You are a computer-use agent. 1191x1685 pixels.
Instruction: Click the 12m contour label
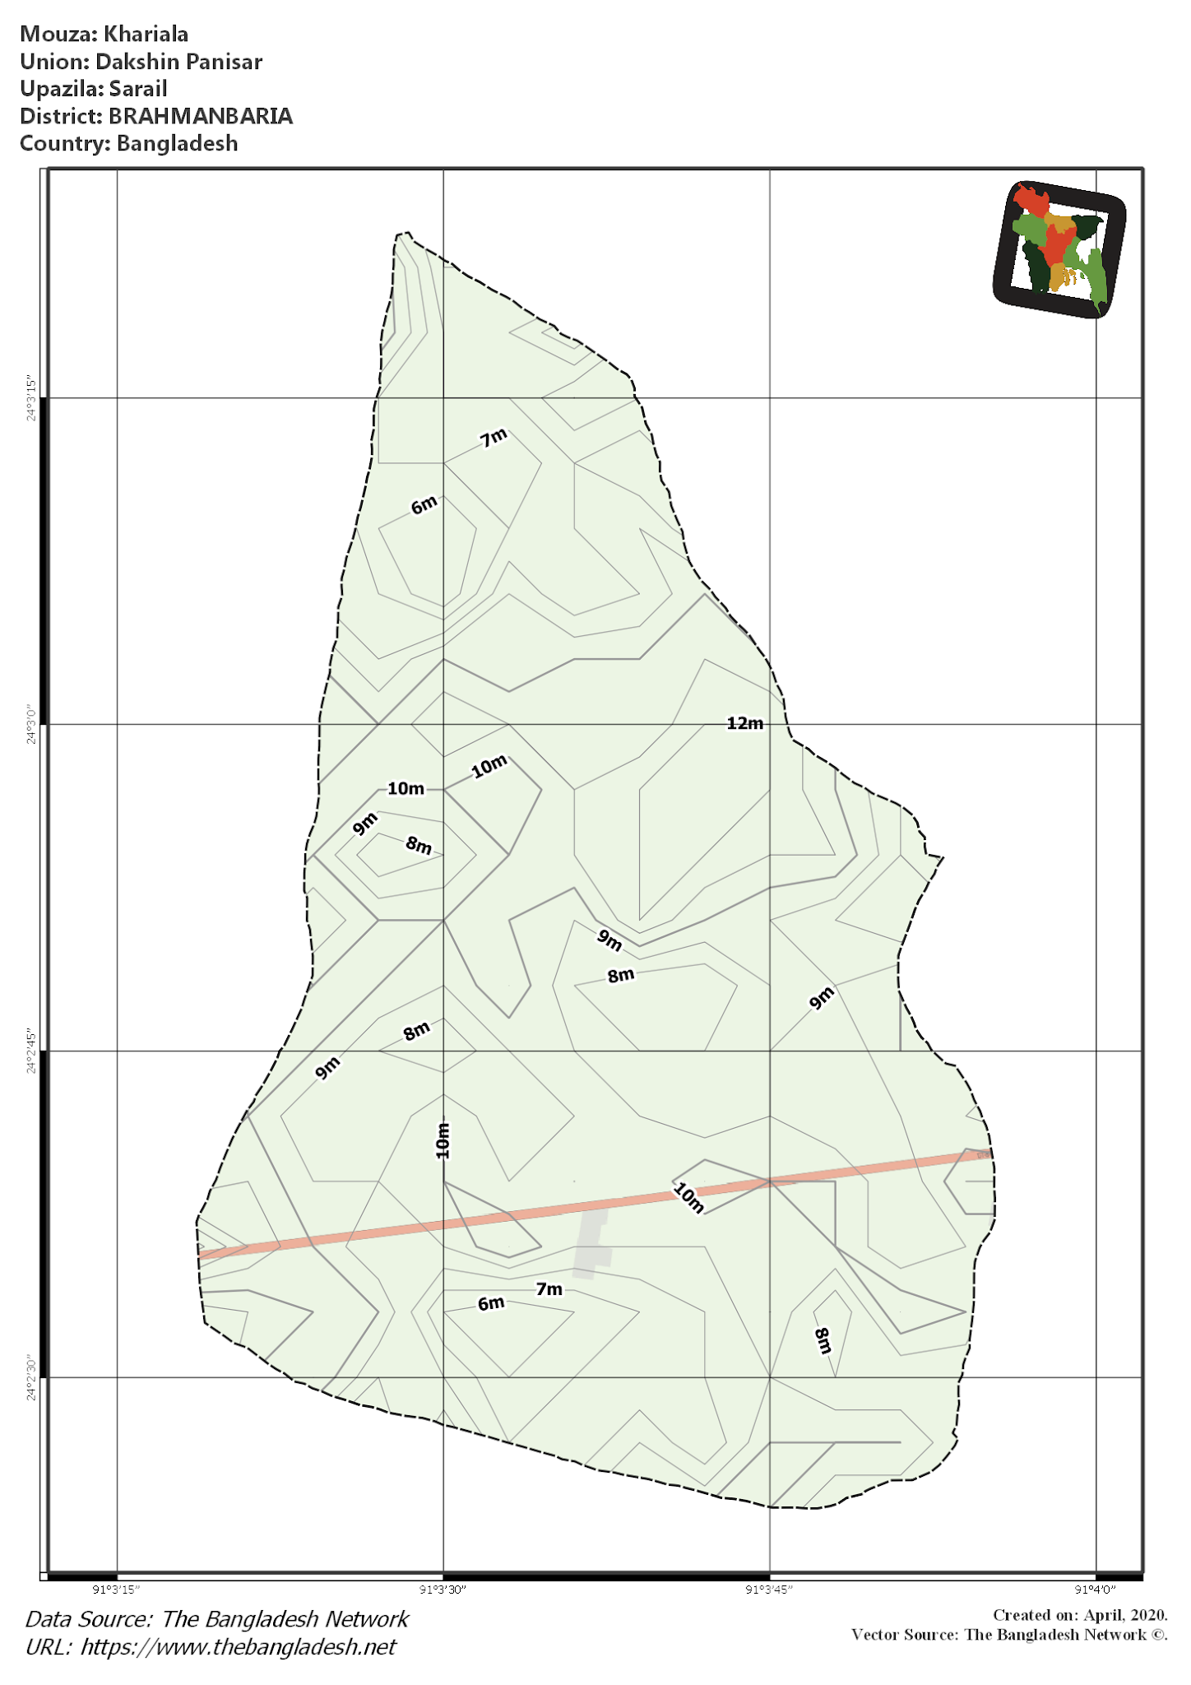tap(745, 723)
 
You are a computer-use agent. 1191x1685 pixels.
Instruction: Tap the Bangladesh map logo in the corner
tap(1059, 248)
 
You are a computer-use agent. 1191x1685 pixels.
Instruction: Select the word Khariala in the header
tap(146, 35)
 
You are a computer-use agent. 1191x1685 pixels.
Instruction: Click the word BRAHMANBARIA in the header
tap(201, 116)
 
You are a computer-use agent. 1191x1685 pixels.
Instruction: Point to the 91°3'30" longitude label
tap(443, 1589)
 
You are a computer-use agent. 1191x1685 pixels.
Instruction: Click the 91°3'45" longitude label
tap(770, 1589)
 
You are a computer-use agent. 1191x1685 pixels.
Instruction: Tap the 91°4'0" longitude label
tap(1096, 1589)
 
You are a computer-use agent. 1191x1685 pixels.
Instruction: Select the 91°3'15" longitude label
tap(117, 1589)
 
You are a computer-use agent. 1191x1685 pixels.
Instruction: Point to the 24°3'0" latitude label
tap(31, 724)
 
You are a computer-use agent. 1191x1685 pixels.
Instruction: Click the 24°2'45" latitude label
tap(31, 1051)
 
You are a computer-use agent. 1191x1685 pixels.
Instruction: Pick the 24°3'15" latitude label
tap(31, 398)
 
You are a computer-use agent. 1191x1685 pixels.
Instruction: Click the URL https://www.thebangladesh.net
tap(239, 1646)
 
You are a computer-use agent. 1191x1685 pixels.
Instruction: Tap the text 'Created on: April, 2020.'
tap(1079, 1615)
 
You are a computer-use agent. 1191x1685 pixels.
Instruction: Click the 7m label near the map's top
tap(494, 439)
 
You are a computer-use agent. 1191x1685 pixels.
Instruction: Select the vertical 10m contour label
tap(443, 1140)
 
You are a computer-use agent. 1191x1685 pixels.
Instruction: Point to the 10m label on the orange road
tap(689, 1198)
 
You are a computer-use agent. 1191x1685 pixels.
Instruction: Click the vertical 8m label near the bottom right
tap(823, 1340)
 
